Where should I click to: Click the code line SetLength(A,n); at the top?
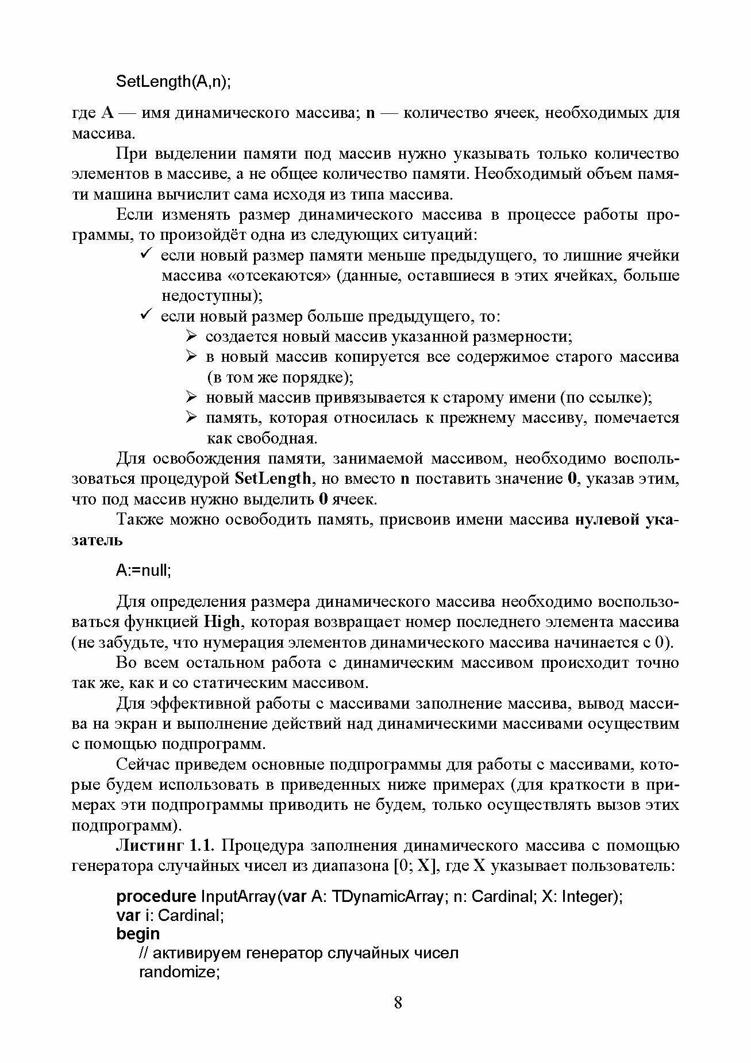pyautogui.click(x=173, y=81)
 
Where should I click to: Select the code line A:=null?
pyautogui.click(x=144, y=570)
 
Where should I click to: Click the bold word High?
pyautogui.click(x=221, y=622)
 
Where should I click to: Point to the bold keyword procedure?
pyautogui.click(x=156, y=896)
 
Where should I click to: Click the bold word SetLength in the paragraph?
pyautogui.click(x=274, y=479)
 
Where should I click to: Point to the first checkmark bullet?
pyautogui.click(x=146, y=254)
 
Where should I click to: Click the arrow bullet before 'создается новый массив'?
pyautogui.click(x=192, y=336)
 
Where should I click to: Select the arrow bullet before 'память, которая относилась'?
pyautogui.click(x=192, y=418)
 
